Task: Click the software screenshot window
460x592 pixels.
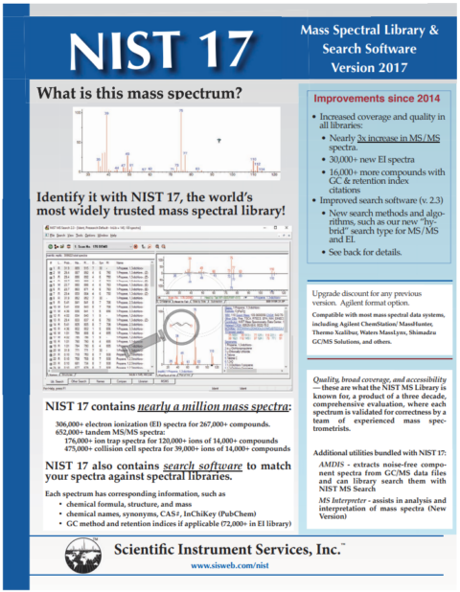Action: pos(163,307)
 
